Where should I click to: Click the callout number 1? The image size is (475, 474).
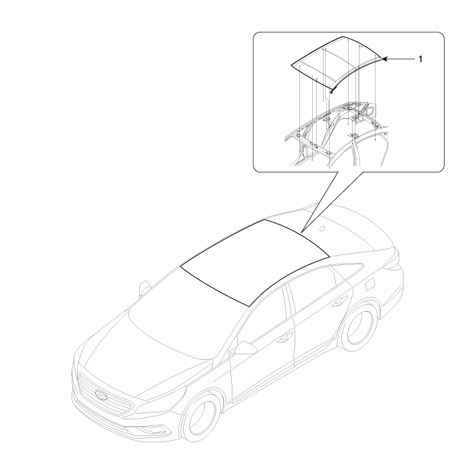coord(420,59)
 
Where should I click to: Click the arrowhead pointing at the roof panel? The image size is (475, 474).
coord(384,59)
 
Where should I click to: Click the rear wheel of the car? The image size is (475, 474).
coord(359,327)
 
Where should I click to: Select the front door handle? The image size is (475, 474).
coord(284,337)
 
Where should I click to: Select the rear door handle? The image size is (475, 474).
coord(340,302)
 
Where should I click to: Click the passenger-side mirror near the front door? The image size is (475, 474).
coord(245,348)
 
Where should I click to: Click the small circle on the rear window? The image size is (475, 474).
coord(323,229)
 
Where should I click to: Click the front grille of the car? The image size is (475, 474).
coord(105,396)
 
